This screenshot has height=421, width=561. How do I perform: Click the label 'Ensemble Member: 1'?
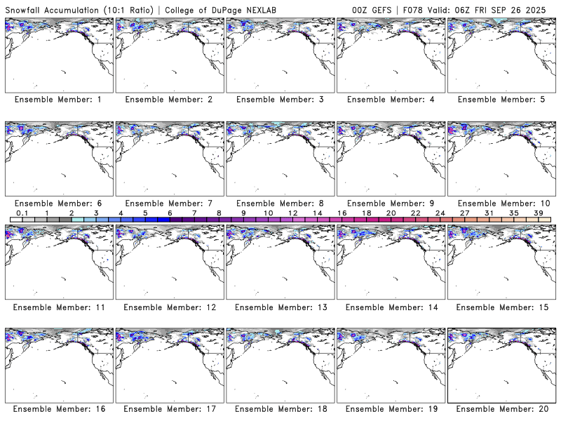(x=58, y=100)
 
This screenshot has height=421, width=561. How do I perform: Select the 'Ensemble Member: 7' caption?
(x=169, y=203)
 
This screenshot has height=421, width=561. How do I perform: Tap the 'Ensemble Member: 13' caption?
(x=280, y=307)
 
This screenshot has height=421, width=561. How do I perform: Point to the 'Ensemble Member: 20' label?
(x=501, y=410)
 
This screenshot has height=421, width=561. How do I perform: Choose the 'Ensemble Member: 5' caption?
(x=501, y=100)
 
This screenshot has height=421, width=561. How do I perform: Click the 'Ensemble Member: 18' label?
(x=280, y=410)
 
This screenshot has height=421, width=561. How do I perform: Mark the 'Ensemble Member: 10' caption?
(x=501, y=203)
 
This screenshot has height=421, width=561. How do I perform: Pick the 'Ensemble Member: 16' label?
(x=58, y=410)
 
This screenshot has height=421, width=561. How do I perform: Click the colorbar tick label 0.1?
(x=22, y=213)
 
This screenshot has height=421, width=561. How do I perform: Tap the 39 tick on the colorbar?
(x=538, y=213)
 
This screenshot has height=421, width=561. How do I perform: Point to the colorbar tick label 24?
(x=440, y=213)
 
